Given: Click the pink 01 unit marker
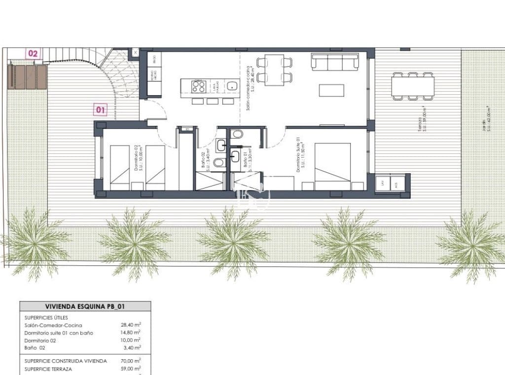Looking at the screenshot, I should coord(101,110).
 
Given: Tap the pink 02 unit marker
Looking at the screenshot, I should coord(34,53).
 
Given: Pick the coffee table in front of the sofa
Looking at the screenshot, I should coord(331,90).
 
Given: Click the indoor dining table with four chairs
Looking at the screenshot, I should coord(275,70).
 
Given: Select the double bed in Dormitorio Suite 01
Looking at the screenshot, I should coord(333,166).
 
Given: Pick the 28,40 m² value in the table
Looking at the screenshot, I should coord(131,325).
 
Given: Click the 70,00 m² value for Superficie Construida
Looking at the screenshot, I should coord(131,361).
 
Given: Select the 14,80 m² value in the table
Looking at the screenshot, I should coord(131,333).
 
